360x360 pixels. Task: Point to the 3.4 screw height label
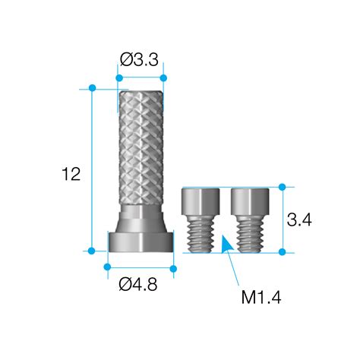(300, 220)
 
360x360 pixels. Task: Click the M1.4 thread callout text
(261, 297)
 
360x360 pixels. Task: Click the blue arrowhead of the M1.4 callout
(225, 245)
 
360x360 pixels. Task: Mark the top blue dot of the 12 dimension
(93, 88)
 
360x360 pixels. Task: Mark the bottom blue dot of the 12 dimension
(93, 250)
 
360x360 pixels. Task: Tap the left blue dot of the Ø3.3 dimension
(118, 77)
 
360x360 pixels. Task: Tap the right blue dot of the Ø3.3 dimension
(163, 77)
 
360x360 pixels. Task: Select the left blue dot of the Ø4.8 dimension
(107, 267)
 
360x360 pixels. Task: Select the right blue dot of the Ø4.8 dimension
(173, 267)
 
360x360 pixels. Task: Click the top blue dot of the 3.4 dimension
(283, 187)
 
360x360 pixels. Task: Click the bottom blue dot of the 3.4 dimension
(283, 251)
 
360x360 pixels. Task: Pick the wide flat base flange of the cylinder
(140, 242)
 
